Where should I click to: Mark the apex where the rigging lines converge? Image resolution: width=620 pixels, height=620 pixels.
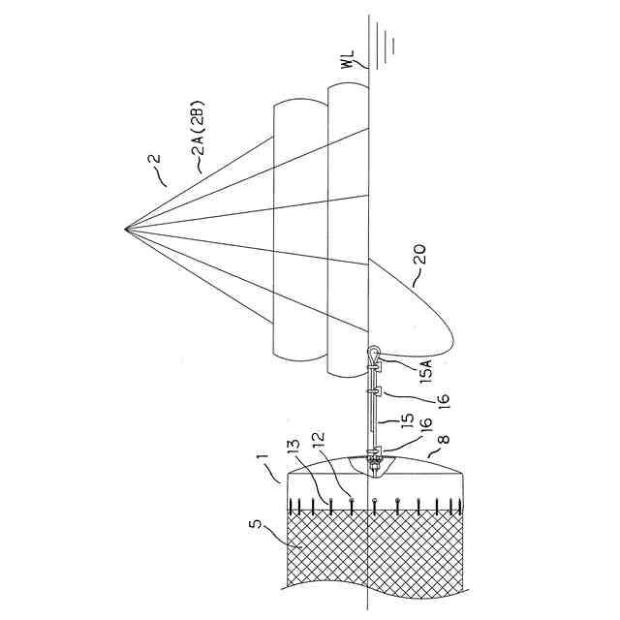pyautogui.click(x=126, y=229)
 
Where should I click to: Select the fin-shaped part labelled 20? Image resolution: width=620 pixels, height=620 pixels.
pyautogui.click(x=412, y=310)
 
